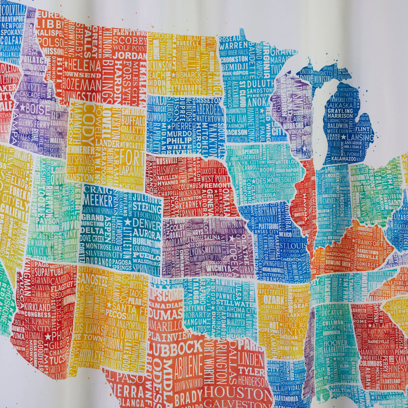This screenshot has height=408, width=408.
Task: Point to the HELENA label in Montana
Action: click(83, 66)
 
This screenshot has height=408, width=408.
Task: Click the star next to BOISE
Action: click(22, 108)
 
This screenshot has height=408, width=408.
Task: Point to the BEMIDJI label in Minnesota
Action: click(235, 66)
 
